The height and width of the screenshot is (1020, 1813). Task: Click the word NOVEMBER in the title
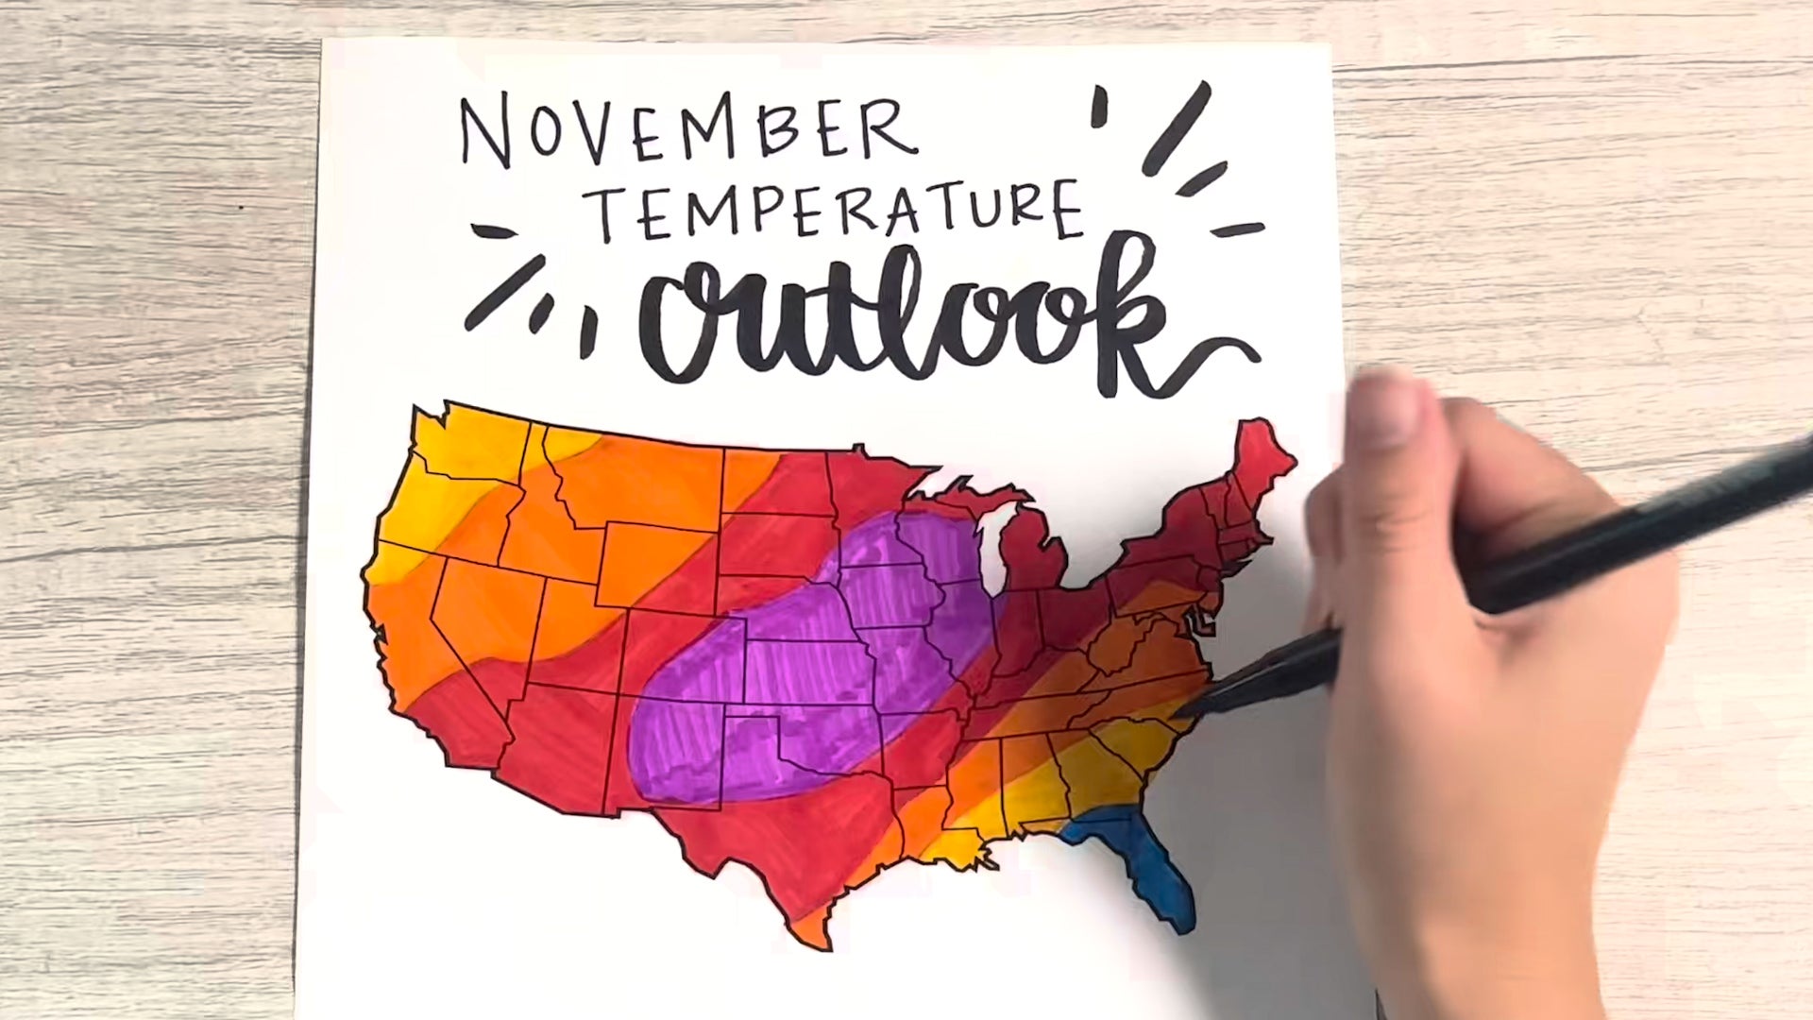tap(687, 132)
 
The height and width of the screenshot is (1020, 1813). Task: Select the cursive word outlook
tap(906, 316)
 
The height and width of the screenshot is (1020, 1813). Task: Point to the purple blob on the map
tap(812, 661)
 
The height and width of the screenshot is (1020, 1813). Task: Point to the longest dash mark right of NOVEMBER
tap(1176, 127)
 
